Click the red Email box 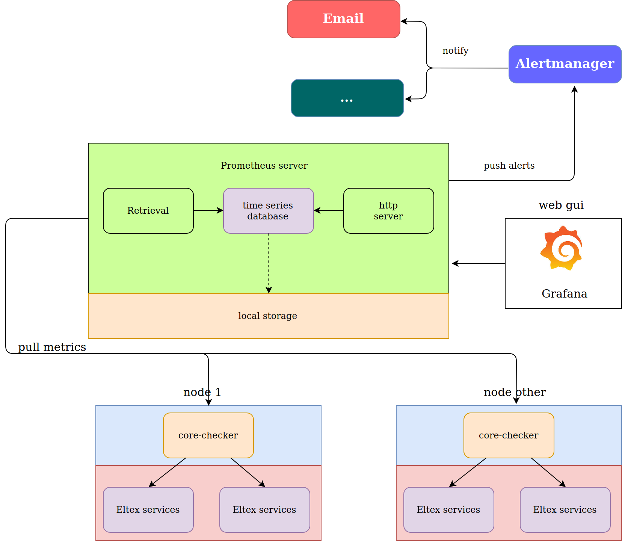(343, 19)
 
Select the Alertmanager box (565, 64)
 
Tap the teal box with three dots (347, 98)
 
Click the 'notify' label (455, 51)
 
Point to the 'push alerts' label (509, 166)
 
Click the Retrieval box (148, 211)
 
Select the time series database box (268, 211)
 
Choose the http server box (388, 211)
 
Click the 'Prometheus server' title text (264, 166)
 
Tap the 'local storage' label (267, 316)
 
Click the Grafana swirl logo (561, 248)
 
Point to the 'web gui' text (561, 205)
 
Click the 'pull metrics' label (52, 347)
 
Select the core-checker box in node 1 (208, 435)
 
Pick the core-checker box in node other (509, 435)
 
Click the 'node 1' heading (202, 392)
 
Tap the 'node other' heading (515, 392)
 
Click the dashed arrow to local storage (269, 263)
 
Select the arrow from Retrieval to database (208, 210)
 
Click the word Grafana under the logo (564, 294)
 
